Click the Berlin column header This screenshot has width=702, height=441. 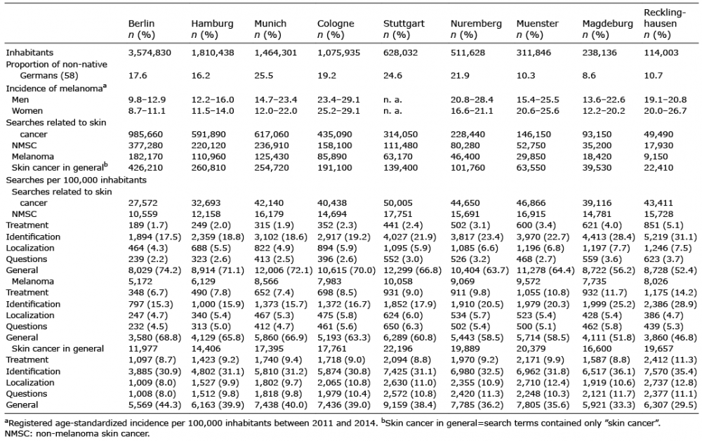point(141,24)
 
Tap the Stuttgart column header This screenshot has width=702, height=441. point(404,24)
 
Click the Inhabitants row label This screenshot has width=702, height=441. point(29,53)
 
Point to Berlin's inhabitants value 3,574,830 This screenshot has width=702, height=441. point(150,53)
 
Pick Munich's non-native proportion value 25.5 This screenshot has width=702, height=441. point(264,76)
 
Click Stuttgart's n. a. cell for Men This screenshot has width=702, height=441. point(392,100)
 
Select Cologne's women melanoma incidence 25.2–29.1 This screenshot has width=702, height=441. point(338,111)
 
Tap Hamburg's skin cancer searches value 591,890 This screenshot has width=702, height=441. point(208,134)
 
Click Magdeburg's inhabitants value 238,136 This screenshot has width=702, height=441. point(599,53)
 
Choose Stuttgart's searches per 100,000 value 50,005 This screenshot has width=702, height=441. point(397,203)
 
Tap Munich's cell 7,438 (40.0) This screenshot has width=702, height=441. point(281,405)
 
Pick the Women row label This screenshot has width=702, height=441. point(27,111)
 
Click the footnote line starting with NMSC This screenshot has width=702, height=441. point(77,433)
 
